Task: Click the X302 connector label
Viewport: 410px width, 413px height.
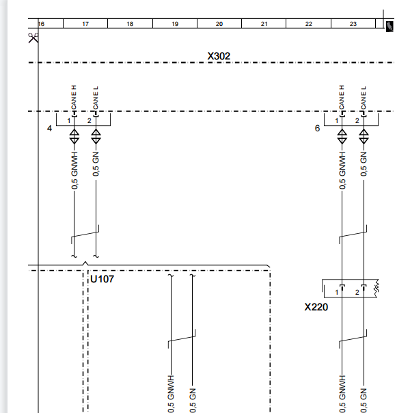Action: point(219,56)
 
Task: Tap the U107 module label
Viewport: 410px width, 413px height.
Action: point(102,279)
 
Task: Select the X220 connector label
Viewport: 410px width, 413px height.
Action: point(316,307)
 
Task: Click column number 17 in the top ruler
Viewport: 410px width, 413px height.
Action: point(85,24)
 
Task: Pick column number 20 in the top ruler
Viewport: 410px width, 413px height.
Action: point(219,24)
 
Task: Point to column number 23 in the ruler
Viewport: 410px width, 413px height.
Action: point(353,24)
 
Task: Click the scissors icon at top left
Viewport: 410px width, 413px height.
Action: point(33,38)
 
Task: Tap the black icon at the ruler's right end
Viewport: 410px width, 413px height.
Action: point(389,27)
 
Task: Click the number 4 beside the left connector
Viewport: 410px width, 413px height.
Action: point(49,129)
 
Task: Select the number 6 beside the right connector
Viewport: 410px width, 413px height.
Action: point(317,129)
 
